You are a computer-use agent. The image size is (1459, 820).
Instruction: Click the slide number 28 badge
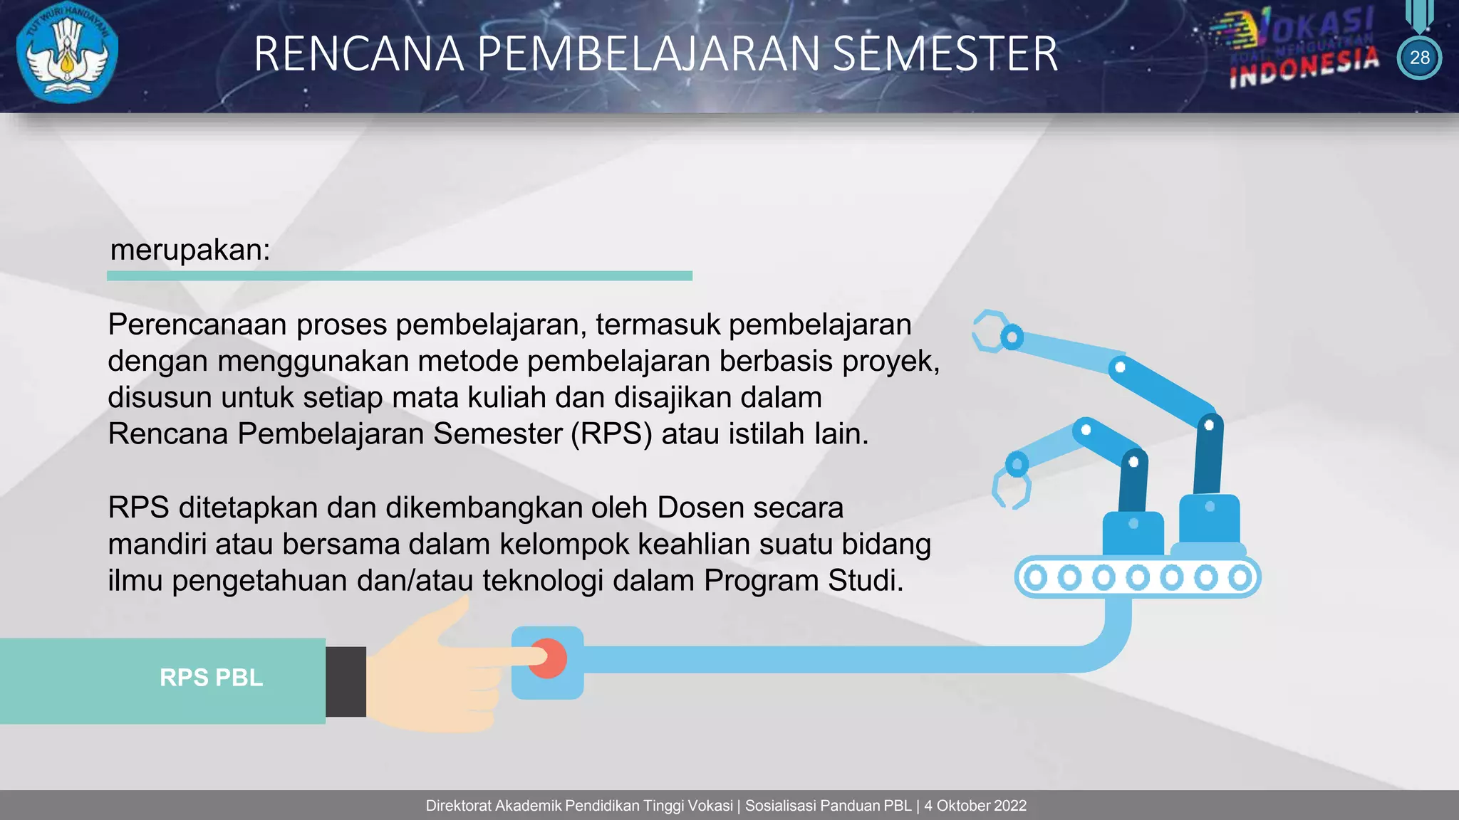[1419, 58]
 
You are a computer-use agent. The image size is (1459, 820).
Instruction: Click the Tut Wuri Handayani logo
[67, 54]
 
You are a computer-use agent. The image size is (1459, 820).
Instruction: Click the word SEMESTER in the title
[945, 54]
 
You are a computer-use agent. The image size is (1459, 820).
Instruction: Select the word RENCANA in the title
[358, 54]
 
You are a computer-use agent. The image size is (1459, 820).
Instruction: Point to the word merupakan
[189, 250]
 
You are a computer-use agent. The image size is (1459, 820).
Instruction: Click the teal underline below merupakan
[399, 275]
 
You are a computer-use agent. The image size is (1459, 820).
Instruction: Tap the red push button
[547, 659]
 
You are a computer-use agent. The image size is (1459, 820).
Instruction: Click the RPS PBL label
[211, 678]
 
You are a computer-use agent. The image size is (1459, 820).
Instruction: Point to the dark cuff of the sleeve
[346, 681]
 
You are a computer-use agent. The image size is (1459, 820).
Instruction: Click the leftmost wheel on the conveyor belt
[1036, 577]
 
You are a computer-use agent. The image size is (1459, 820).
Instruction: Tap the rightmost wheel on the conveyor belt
[1240, 577]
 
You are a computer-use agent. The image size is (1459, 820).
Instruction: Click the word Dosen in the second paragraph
[700, 508]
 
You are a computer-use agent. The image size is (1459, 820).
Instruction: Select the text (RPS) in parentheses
[611, 433]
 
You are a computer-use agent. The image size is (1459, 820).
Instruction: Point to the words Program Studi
[803, 581]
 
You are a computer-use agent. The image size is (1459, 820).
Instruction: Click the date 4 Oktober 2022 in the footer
[975, 806]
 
